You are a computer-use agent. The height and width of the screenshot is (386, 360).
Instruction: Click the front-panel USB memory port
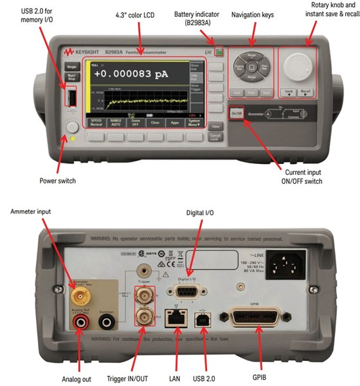[x=72, y=98]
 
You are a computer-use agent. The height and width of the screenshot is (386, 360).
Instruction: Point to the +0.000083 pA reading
[x=130, y=74]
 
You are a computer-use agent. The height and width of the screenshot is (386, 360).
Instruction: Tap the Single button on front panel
[x=71, y=66]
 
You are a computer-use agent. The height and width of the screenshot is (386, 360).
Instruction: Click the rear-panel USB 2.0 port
[x=204, y=317]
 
